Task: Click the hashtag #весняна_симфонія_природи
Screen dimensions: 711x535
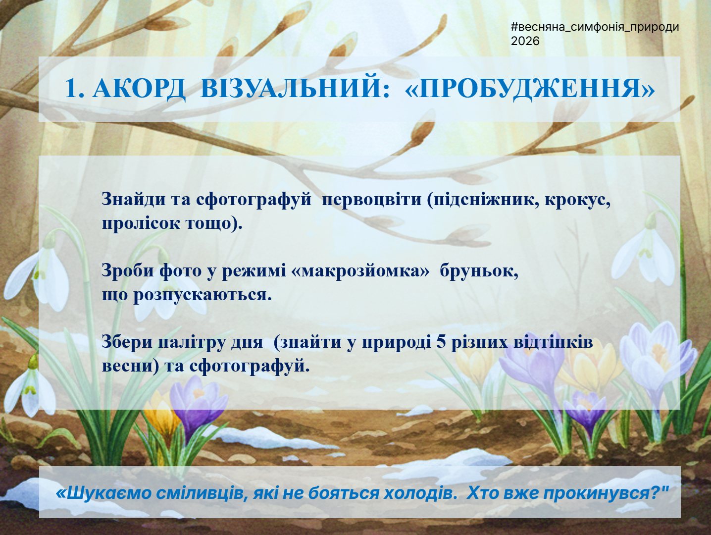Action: click(595, 27)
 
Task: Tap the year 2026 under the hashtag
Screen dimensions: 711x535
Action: click(525, 41)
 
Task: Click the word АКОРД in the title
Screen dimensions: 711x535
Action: click(139, 89)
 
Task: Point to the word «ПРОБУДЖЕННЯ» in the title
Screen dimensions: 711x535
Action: click(530, 88)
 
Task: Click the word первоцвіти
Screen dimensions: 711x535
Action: click(372, 199)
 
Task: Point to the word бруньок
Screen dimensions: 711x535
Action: click(479, 271)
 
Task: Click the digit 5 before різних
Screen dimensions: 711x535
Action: click(441, 342)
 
